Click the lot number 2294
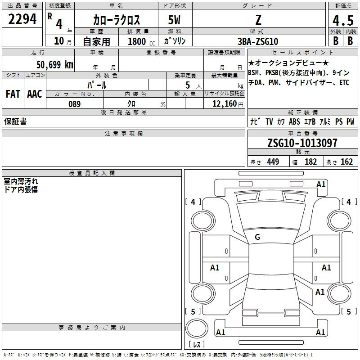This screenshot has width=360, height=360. tap(22, 19)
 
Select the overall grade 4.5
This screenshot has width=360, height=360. tap(343, 20)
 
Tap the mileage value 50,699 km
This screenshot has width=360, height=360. tap(55, 64)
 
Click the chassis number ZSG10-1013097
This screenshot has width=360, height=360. tap(302, 143)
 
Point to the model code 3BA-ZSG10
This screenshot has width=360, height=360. tap(258, 41)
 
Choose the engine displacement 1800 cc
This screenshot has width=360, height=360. tap(141, 41)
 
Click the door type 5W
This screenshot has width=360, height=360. tap(174, 20)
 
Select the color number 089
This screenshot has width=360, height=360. tap(75, 104)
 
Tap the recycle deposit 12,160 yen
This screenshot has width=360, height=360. tap(228, 104)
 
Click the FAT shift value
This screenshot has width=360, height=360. tap(13, 94)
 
